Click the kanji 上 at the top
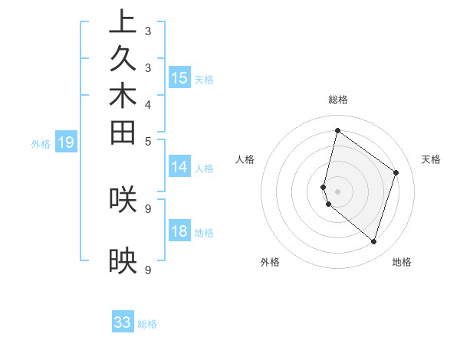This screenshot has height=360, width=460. (123, 23)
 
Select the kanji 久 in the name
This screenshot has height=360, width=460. (123, 61)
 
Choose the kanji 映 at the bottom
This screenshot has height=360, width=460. (123, 263)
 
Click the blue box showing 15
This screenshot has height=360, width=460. (179, 77)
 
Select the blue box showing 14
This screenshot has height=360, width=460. (179, 167)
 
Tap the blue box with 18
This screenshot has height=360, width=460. (179, 231)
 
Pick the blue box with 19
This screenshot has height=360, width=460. (66, 142)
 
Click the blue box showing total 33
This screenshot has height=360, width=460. (123, 322)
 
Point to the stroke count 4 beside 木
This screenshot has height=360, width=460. (148, 104)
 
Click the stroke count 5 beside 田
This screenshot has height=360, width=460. (148, 141)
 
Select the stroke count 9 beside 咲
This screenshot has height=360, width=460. (148, 208)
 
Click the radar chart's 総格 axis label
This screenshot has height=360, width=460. (337, 100)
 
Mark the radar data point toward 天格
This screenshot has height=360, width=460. (396, 172)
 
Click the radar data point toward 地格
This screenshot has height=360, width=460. (373, 241)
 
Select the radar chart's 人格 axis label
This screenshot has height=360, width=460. (245, 159)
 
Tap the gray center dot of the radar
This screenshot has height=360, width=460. (337, 191)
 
